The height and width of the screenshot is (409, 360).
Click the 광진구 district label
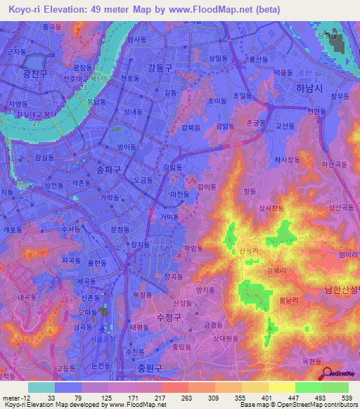click(x=34, y=74)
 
